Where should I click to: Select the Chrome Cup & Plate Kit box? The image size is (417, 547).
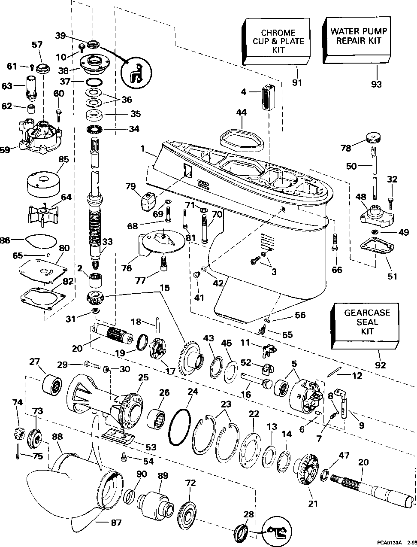point(278,41)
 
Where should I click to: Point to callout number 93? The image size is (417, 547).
point(376,84)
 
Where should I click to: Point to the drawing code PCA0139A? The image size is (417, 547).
point(390,542)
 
